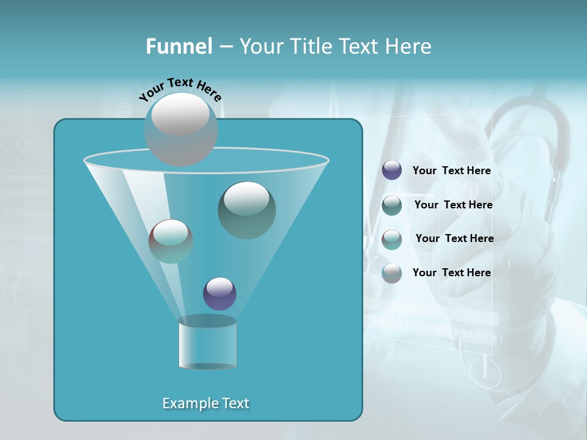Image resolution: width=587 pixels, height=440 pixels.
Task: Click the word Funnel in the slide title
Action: pyautogui.click(x=179, y=46)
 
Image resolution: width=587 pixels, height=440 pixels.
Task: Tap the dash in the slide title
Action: pyautogui.click(x=225, y=46)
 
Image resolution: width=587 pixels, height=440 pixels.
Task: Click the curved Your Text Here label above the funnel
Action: pyautogui.click(x=180, y=89)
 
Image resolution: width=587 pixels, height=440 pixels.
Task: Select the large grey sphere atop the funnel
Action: pyautogui.click(x=180, y=128)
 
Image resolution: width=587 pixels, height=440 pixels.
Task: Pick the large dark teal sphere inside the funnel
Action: pyautogui.click(x=246, y=210)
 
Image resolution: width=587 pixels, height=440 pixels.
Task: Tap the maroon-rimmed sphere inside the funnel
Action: pyautogui.click(x=171, y=241)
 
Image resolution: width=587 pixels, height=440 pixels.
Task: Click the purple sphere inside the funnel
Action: pyautogui.click(x=220, y=293)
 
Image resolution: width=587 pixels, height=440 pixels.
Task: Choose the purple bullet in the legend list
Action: pyautogui.click(x=392, y=170)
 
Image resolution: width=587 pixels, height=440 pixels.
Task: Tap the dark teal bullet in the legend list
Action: pyautogui.click(x=392, y=205)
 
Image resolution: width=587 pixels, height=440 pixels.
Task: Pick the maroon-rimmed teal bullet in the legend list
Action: pyautogui.click(x=392, y=239)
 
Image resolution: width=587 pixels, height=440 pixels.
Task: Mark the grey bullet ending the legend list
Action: pyautogui.click(x=392, y=273)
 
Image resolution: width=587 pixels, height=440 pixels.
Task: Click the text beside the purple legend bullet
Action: pyautogui.click(x=451, y=171)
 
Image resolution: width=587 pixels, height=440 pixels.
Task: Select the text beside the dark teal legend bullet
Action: pyautogui.click(x=453, y=205)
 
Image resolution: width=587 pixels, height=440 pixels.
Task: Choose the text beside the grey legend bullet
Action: pyautogui.click(x=451, y=273)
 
